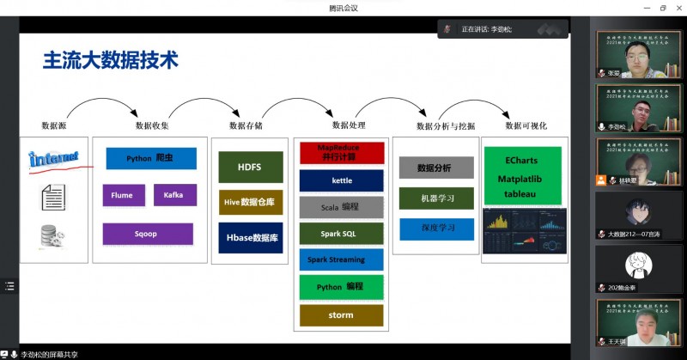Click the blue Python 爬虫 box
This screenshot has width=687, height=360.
pos(151,159)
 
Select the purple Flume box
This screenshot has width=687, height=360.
pos(122,195)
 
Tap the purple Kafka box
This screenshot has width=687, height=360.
pos(174,195)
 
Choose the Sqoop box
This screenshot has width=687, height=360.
pos(147,233)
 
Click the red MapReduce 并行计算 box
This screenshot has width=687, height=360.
pos(341,153)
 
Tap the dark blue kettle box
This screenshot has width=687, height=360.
pos(341,180)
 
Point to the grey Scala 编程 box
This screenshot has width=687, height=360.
pos(341,207)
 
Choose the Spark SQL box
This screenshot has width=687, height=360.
pos(341,234)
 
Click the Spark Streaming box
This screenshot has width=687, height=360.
pos(341,259)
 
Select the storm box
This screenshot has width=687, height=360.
pos(341,314)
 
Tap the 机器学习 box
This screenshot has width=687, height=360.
pos(436,198)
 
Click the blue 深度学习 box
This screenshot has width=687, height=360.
pos(436,229)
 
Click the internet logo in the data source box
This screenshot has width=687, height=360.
pos(53,158)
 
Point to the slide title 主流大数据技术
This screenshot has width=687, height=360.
pos(111,60)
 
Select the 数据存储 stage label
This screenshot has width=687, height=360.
pos(246,125)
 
